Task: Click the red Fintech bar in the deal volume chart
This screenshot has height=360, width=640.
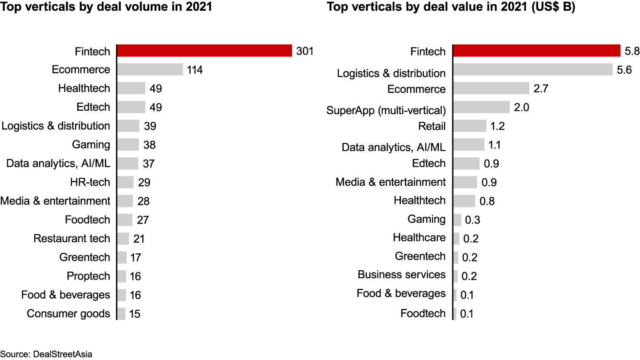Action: (204, 51)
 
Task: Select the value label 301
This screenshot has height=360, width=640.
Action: (305, 51)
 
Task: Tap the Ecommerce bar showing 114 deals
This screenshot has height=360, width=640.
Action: (150, 69)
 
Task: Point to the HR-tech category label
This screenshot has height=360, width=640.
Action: (90, 182)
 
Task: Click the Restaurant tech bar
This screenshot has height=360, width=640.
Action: (123, 239)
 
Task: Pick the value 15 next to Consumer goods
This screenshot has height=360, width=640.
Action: (135, 314)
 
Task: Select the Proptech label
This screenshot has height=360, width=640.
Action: (88, 276)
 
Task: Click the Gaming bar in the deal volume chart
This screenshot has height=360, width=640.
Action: (128, 144)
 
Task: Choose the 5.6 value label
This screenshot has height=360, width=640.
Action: (624, 70)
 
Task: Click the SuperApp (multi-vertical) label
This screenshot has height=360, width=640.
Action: (386, 110)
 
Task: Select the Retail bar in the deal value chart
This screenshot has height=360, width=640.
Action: (470, 126)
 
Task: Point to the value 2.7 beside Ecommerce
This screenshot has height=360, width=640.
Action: (541, 88)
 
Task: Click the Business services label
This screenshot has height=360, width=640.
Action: (401, 275)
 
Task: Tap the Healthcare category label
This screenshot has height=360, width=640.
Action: (419, 238)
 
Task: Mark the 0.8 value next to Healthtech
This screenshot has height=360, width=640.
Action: (487, 201)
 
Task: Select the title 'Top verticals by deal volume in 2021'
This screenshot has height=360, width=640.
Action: (106, 8)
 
